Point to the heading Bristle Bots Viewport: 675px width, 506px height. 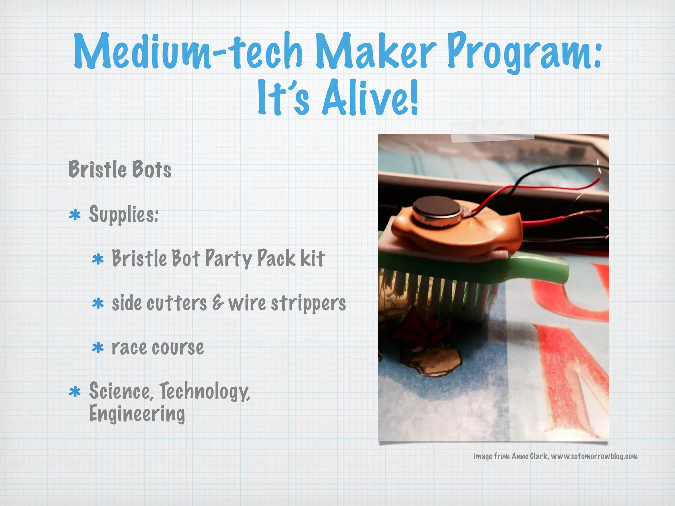pos(120,169)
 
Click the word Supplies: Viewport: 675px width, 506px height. pos(124,214)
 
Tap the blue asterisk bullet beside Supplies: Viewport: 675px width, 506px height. pos(75,215)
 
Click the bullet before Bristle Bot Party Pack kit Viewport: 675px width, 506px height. pos(98,259)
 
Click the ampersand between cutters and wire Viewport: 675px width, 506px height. pos(217,303)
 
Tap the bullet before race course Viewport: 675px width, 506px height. pos(98,348)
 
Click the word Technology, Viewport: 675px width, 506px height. pos(205,391)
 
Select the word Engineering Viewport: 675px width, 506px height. pos(137,414)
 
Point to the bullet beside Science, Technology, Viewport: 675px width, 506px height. pos(75,392)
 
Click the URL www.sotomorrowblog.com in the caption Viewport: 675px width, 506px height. pos(594,456)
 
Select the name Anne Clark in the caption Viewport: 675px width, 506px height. pos(529,456)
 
